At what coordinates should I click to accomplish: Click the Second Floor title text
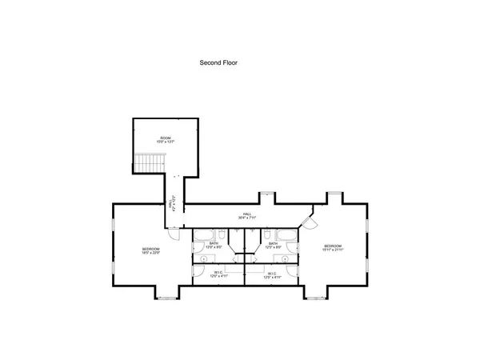point(218,62)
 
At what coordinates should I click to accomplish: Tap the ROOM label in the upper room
point(166,138)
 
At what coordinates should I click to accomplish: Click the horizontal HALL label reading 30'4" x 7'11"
point(248,216)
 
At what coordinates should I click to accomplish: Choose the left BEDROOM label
point(151,249)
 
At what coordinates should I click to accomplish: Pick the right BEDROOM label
point(333,245)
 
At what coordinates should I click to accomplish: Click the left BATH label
point(214,243)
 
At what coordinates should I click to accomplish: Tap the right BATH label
point(273,243)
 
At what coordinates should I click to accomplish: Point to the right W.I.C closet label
point(272,273)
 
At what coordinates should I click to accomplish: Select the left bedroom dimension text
point(151,254)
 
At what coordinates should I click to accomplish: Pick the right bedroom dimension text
point(333,250)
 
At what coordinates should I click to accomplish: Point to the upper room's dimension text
point(166,142)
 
